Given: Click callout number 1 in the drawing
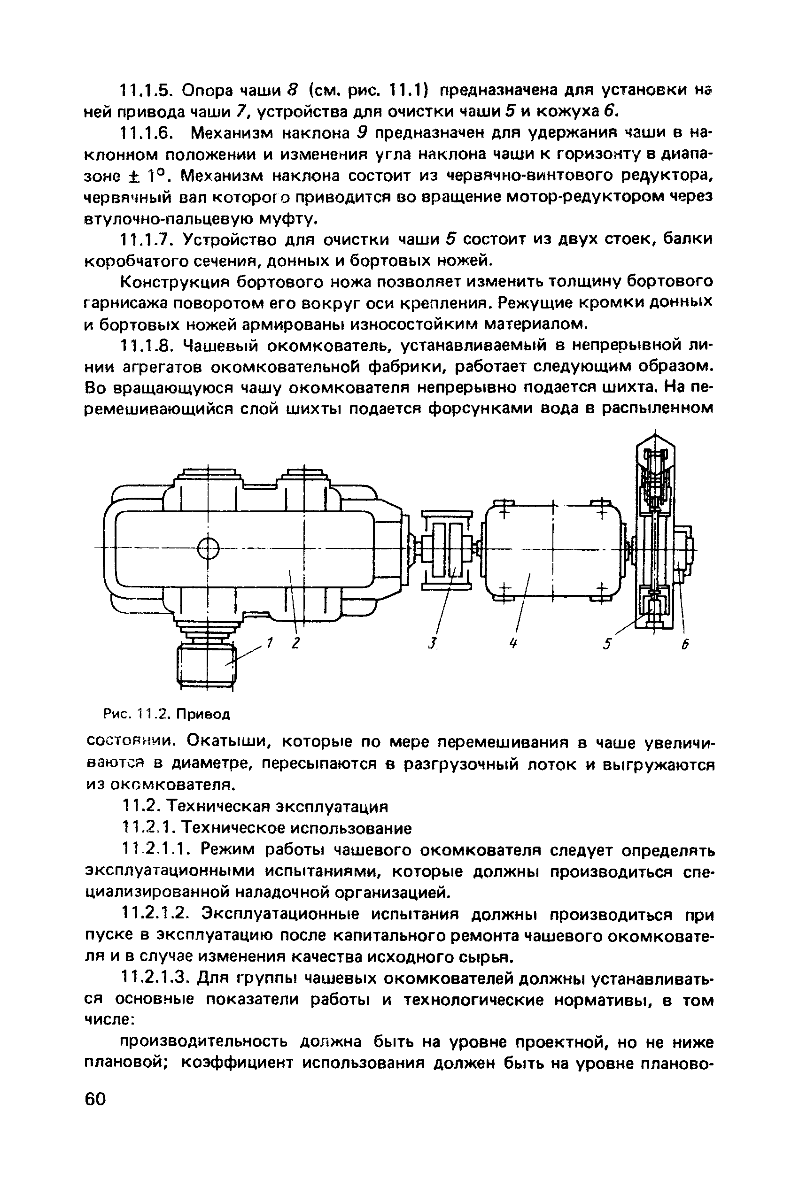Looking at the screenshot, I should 271,644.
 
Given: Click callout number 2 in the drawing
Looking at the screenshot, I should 295,644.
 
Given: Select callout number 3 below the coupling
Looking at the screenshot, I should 433,644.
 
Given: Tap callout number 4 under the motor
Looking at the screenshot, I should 513,644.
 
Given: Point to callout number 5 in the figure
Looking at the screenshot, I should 606,645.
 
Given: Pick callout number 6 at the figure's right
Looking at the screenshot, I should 685,645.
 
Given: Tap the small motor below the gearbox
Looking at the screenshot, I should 206,664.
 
